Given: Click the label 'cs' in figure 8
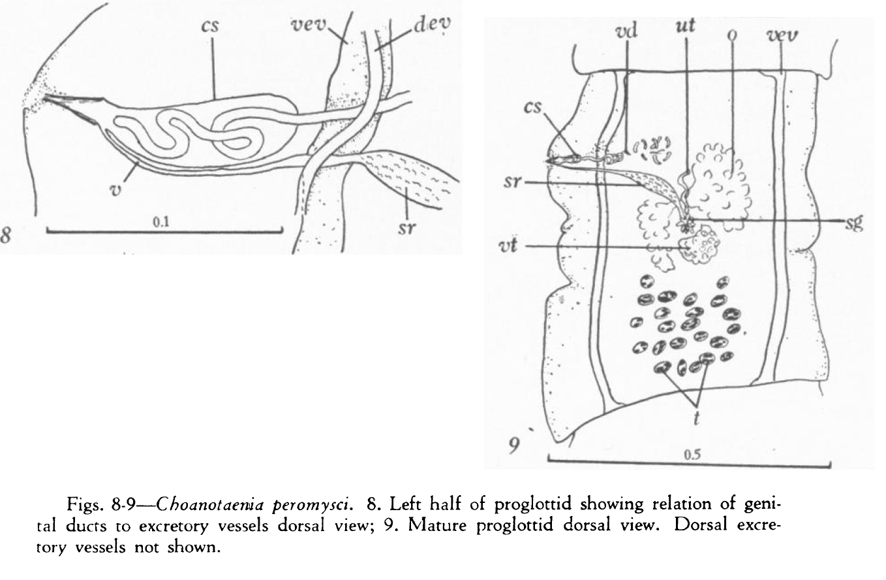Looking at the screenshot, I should (x=209, y=28).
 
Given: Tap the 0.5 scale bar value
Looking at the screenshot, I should (x=688, y=455).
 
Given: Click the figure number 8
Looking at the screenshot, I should (x=8, y=235).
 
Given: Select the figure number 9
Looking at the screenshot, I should (x=515, y=447).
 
